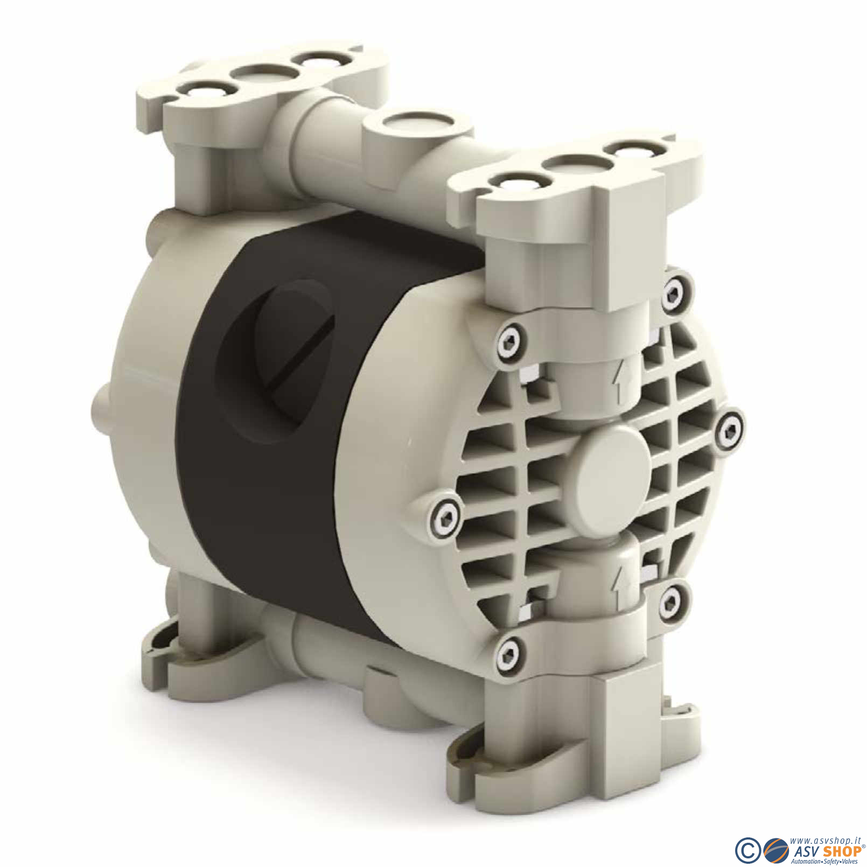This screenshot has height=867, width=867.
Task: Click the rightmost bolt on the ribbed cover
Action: coord(730,429)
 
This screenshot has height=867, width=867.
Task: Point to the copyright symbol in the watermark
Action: coord(746,849)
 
